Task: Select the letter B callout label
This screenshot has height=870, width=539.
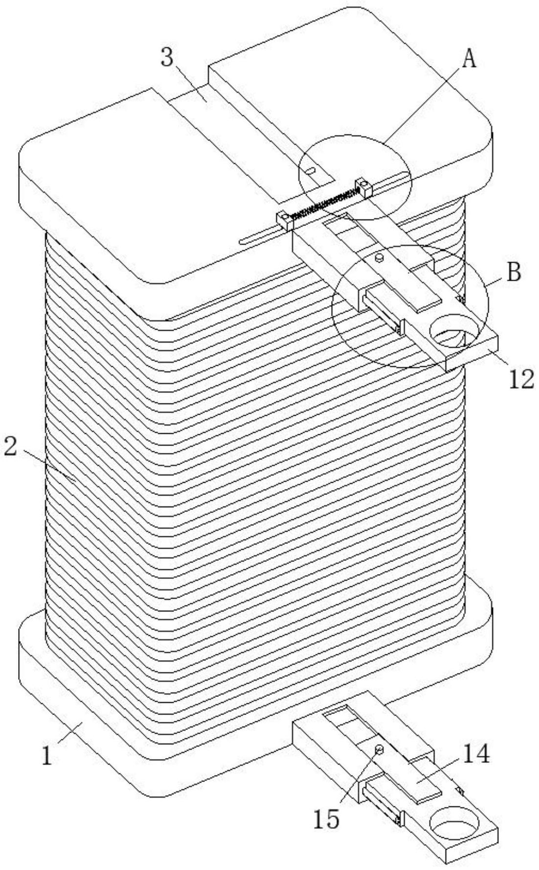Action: [x=513, y=272]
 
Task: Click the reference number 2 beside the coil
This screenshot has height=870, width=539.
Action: [x=11, y=447]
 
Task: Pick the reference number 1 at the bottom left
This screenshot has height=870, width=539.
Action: [x=47, y=757]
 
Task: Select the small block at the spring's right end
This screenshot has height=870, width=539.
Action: [x=365, y=186]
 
